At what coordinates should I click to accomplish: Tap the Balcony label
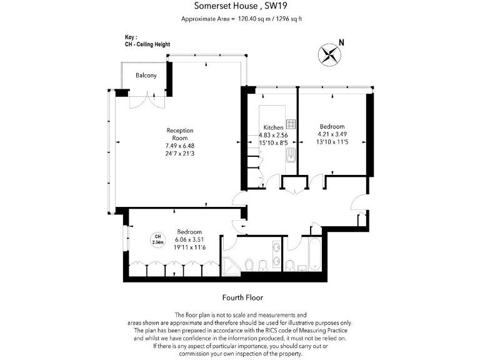[x=146, y=76]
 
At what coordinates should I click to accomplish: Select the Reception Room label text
[x=180, y=134]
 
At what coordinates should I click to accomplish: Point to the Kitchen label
[x=273, y=127]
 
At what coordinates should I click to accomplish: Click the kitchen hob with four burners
[x=291, y=123]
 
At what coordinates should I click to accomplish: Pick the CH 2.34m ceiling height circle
[x=158, y=239]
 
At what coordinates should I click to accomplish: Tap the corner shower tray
[x=232, y=265]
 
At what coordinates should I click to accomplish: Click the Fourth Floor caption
[x=240, y=297]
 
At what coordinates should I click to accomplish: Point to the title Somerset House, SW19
[x=240, y=7]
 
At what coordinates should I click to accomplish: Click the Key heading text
[x=131, y=37]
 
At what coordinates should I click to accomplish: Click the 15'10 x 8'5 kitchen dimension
[x=274, y=142]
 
